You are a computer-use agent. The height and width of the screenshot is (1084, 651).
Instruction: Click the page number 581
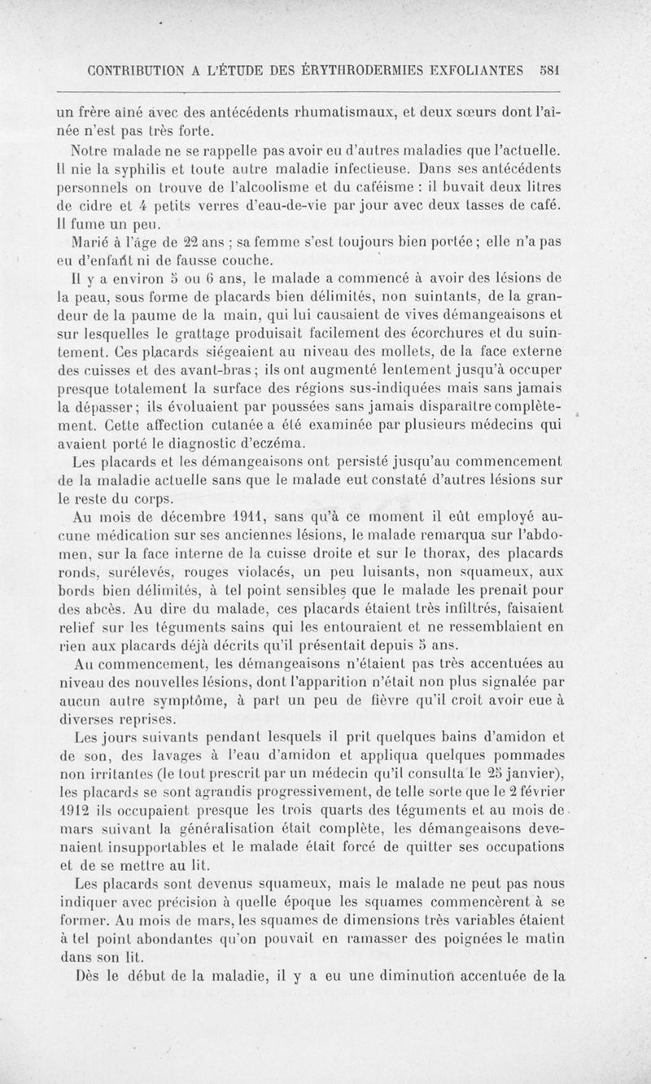553,70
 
